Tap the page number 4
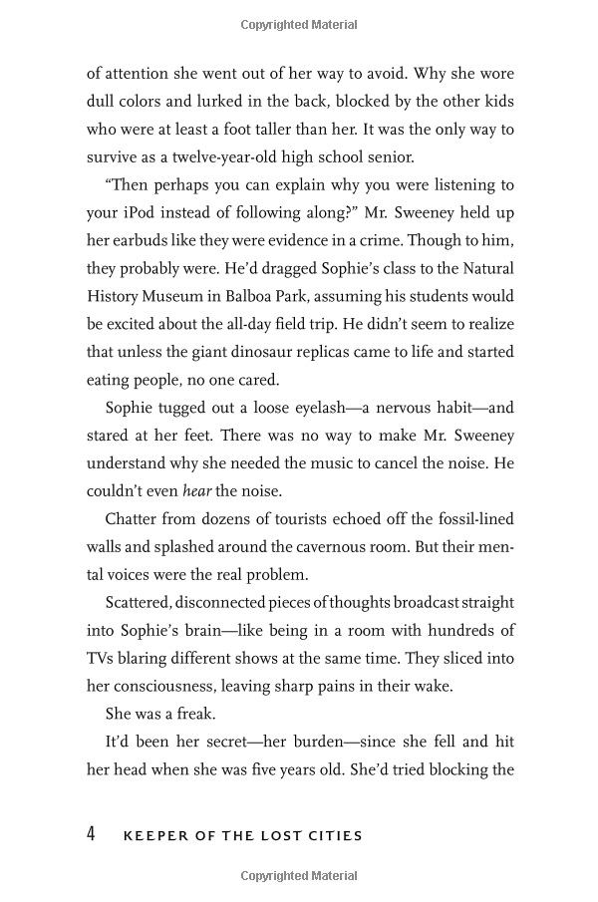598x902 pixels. point(91,834)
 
